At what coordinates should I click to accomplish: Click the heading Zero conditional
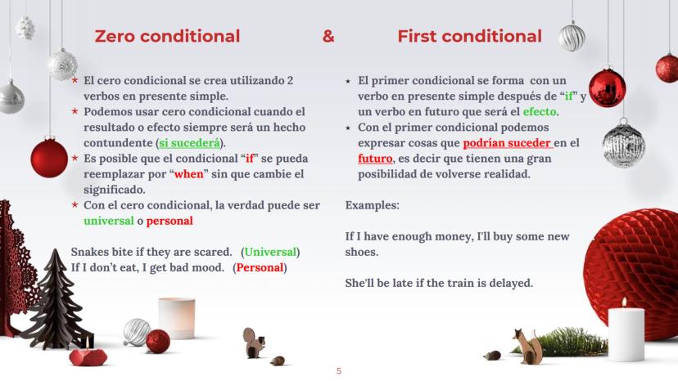[x=167, y=36]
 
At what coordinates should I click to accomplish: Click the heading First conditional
[x=469, y=36]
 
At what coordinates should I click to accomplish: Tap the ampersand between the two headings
[x=328, y=36]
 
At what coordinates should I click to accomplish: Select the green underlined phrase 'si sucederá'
[x=189, y=143]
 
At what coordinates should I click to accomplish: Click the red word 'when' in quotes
[x=188, y=174]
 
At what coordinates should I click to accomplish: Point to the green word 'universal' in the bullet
[x=109, y=221]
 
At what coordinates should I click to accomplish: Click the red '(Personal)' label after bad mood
[x=260, y=268]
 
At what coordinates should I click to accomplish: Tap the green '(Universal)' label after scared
[x=270, y=253]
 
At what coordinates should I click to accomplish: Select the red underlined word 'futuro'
[x=375, y=159]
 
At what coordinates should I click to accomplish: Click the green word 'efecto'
[x=540, y=112]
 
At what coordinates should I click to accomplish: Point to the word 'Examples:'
[x=373, y=205]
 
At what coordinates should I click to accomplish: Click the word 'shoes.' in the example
[x=361, y=252]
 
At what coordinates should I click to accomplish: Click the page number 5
[x=339, y=371]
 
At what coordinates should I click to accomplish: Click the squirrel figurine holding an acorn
[x=253, y=343]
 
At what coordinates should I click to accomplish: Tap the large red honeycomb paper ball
[x=632, y=268]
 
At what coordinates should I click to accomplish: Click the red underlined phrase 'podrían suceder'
[x=508, y=143]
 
